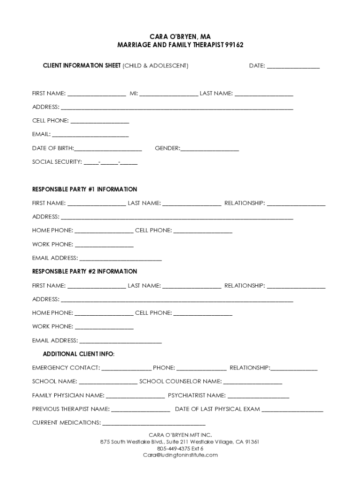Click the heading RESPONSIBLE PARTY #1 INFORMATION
(x=85, y=189)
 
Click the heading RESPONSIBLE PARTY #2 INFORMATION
(x=85, y=272)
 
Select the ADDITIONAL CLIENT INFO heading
(x=79, y=354)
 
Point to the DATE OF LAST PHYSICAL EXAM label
(x=217, y=409)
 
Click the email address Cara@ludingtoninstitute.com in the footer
(x=180, y=455)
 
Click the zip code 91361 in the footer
(x=252, y=442)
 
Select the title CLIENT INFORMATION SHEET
(x=82, y=66)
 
